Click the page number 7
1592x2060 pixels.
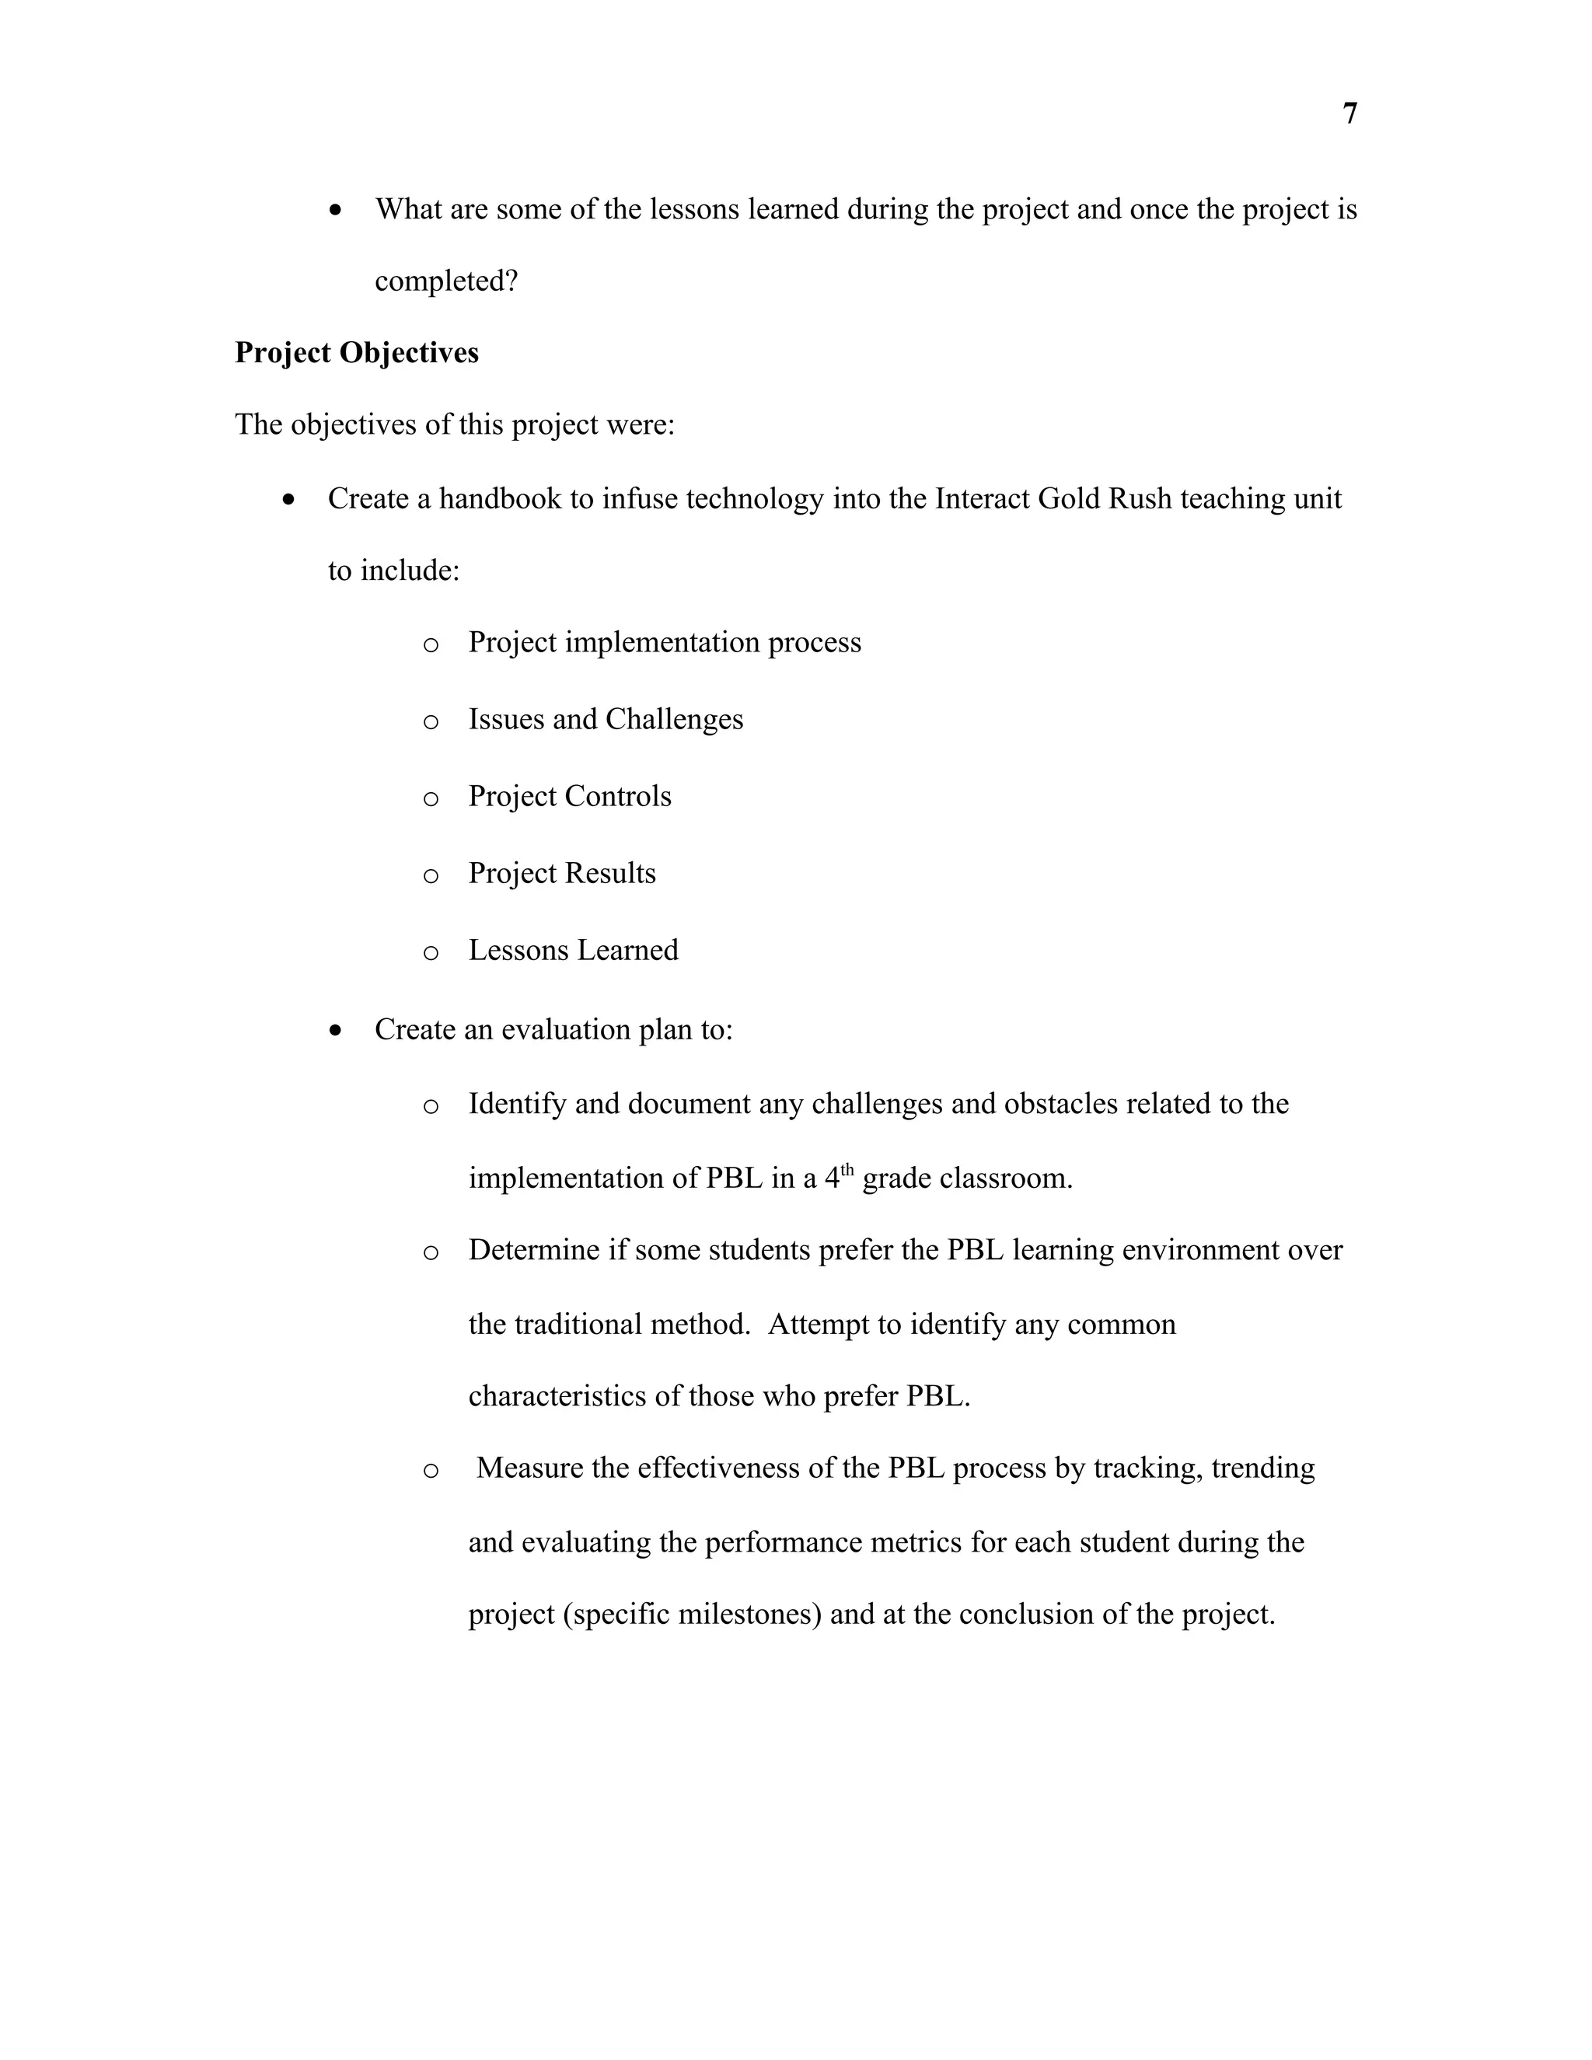[1349, 114]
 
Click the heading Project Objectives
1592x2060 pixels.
[357, 353]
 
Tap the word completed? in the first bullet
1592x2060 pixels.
[446, 281]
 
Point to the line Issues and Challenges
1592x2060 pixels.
[606, 720]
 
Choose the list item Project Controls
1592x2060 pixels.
[570, 796]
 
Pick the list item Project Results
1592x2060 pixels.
[562, 874]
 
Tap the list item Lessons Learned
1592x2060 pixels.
[574, 950]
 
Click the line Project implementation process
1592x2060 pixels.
[665, 642]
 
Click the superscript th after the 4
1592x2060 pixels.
[847, 1171]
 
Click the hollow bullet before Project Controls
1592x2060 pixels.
[431, 799]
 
